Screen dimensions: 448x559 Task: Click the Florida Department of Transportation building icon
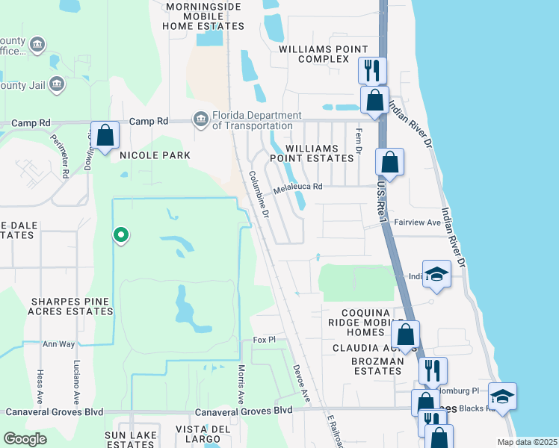click(x=200, y=119)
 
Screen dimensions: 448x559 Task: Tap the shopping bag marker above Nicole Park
click(x=105, y=136)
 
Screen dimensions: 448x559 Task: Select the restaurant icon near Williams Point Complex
click(x=372, y=71)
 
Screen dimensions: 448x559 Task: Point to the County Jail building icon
click(x=57, y=85)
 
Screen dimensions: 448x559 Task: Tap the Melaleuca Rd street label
click(x=297, y=187)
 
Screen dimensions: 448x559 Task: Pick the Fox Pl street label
click(x=265, y=340)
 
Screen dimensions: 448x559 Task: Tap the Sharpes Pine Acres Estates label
click(x=70, y=306)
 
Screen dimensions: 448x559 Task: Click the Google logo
click(x=25, y=439)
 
